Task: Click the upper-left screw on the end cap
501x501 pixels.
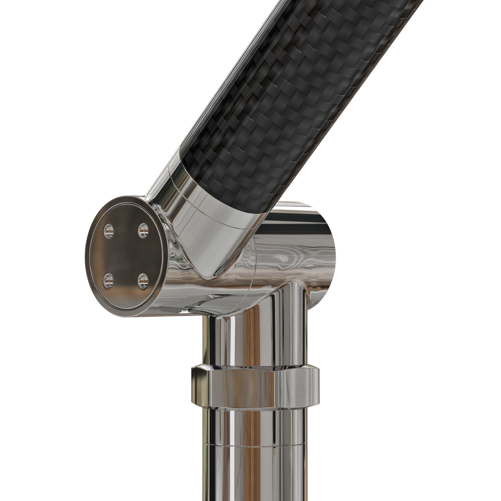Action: [109, 231]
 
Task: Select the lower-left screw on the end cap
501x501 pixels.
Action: [109, 281]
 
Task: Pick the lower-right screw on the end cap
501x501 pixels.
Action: [143, 281]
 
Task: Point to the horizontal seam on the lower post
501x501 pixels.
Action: [254, 444]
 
